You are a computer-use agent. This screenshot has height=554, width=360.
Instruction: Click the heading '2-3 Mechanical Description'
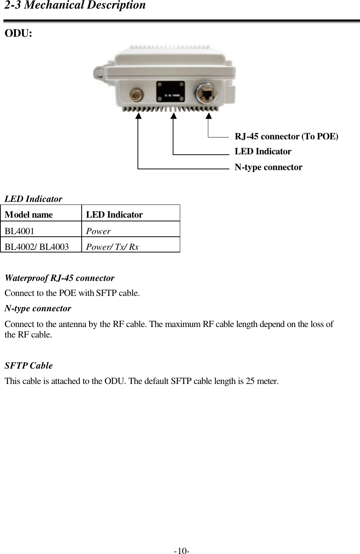75,6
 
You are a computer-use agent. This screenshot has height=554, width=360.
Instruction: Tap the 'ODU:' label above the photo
18,33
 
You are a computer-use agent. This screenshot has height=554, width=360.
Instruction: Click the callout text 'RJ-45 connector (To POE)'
286,136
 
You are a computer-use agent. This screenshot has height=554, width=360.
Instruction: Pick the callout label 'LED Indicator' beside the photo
263,152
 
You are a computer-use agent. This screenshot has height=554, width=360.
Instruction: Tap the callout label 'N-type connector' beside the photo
268,167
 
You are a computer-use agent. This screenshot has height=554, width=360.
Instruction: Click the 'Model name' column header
29,215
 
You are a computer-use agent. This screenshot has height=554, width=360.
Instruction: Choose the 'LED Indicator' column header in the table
114,215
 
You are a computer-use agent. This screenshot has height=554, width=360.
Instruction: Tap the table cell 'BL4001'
19,231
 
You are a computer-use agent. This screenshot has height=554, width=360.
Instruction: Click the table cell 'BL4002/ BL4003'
37,247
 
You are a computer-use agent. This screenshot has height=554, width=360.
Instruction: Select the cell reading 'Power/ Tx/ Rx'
112,247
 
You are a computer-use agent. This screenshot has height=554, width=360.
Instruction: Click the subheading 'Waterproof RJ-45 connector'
60,278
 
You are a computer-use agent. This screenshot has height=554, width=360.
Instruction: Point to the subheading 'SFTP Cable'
28,366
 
